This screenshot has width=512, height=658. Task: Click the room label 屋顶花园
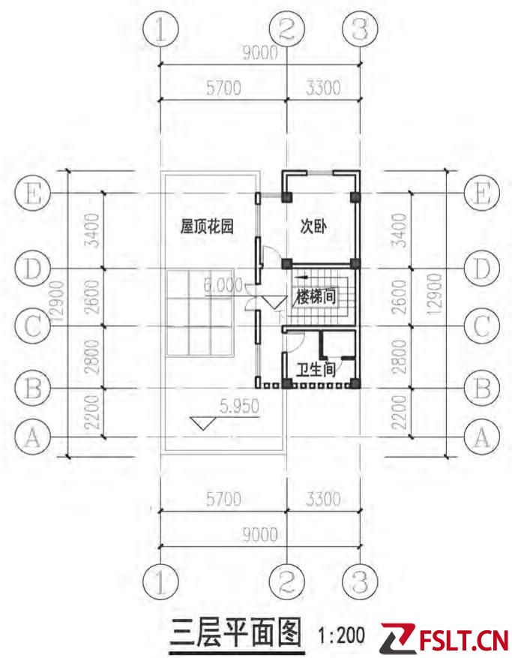tap(206, 227)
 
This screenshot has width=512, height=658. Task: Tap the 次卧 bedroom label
tap(313, 227)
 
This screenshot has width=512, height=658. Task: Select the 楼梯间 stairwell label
tap(316, 296)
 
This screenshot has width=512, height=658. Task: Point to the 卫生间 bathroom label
tap(316, 369)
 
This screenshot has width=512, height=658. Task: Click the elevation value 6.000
tap(223, 285)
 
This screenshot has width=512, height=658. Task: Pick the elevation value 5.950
tap(239, 406)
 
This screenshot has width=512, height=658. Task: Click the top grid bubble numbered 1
tap(160, 30)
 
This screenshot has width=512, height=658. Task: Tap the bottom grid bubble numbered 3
tap(360, 581)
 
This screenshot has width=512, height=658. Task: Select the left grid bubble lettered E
tap(33, 194)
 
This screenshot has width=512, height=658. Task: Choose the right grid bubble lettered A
tap(482, 437)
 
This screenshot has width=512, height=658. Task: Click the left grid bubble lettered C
tap(33, 326)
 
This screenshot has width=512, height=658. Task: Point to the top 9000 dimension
tap(260, 53)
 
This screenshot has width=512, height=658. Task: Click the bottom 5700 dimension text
tap(223, 500)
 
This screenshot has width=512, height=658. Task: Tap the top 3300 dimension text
tap(323, 88)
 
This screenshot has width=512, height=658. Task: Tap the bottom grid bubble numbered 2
tap(286, 581)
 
